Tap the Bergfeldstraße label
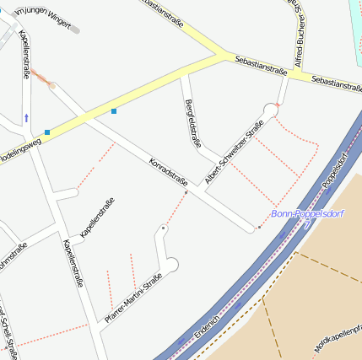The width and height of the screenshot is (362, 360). point(192,123)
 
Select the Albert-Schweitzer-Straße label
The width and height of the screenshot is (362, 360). point(235,152)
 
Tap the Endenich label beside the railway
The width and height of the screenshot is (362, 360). point(207,327)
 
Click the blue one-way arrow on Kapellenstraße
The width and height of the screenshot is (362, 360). point(26,118)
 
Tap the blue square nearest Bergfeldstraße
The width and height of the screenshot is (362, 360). point(114,110)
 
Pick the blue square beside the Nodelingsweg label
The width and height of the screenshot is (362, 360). point(48,132)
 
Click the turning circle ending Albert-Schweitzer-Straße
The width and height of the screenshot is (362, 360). point(271,110)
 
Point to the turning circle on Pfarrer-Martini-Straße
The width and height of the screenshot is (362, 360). point(171,266)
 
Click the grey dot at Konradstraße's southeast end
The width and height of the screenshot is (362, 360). point(258,228)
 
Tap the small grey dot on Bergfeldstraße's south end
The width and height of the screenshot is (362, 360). point(186,192)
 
